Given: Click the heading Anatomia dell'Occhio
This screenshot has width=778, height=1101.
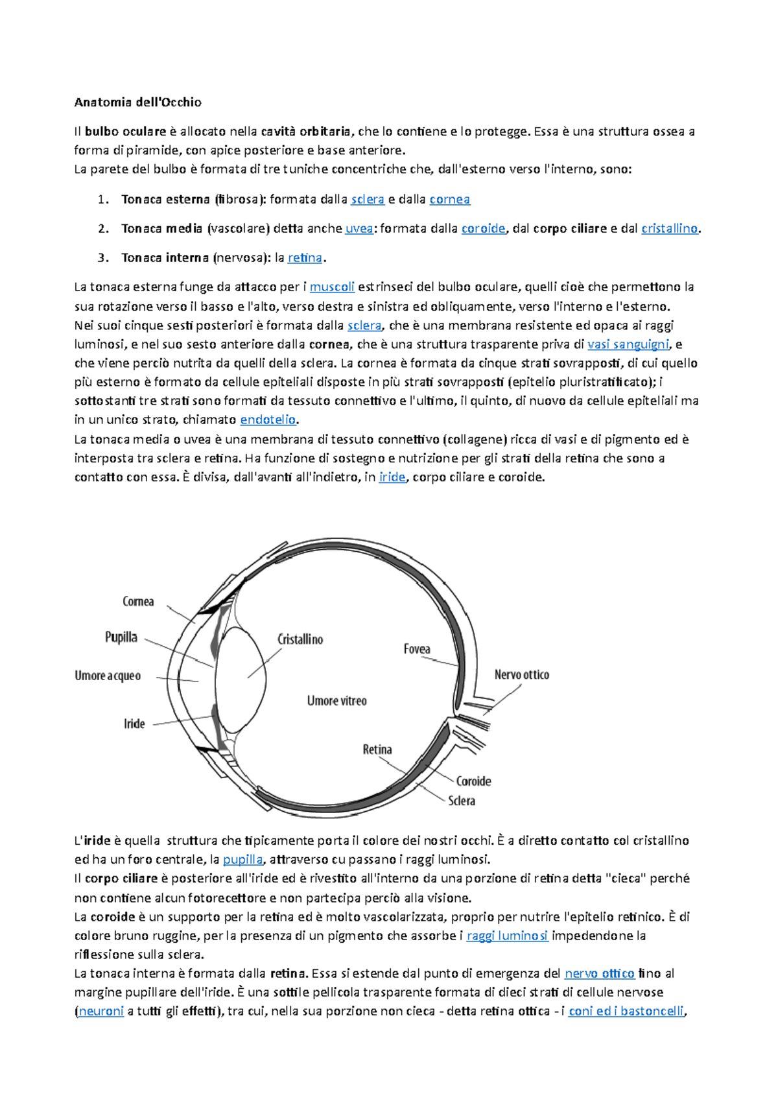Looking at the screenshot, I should click(137, 102).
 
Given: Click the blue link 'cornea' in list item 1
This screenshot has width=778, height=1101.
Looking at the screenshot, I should click(449, 200).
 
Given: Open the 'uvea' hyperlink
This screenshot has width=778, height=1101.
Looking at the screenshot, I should click(359, 229).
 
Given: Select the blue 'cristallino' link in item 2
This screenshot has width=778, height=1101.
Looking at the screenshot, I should click(669, 229).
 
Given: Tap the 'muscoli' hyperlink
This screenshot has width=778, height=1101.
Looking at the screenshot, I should click(332, 287).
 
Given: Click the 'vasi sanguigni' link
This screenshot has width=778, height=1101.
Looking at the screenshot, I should click(628, 345).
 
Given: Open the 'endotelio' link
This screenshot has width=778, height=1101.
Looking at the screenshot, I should click(268, 420).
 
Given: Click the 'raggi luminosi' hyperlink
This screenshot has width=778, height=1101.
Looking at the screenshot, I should click(507, 936).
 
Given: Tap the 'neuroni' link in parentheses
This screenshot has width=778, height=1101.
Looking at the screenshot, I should click(101, 1012).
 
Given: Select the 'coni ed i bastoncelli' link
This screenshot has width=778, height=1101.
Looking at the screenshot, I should click(626, 1012).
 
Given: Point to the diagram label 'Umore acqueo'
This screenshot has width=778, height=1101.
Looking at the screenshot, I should click(108, 676).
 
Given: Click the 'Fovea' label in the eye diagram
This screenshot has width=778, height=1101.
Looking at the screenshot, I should click(416, 649).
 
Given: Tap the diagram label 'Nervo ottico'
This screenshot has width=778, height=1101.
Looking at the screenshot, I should click(521, 675).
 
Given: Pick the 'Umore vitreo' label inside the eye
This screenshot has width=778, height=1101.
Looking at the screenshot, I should click(336, 701).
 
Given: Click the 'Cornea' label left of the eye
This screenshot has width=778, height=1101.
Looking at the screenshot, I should click(138, 602).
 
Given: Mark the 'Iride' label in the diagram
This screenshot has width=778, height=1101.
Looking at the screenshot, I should click(134, 724).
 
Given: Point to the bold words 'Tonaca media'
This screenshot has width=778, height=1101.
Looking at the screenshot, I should click(161, 229).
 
